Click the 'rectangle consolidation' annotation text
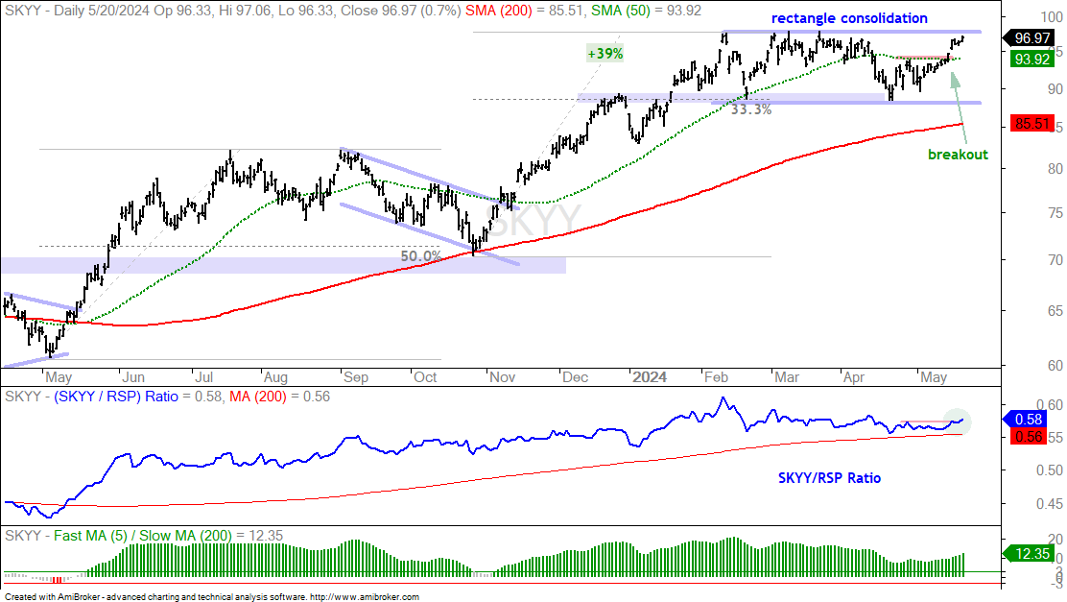tap(849, 18)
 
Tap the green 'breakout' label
tap(958, 155)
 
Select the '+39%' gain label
tap(605, 53)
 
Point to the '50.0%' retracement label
tap(420, 256)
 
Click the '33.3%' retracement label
tap(750, 108)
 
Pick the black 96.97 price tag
tap(1031, 38)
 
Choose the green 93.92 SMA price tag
tap(1032, 60)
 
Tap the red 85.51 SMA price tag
tap(1032, 124)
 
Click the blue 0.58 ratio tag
tap(1029, 420)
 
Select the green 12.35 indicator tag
tap(1031, 554)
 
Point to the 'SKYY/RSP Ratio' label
tap(829, 478)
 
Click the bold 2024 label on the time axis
tap(650, 377)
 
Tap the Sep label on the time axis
tap(355, 377)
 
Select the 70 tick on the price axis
tap(1055, 260)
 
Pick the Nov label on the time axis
tap(502, 377)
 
